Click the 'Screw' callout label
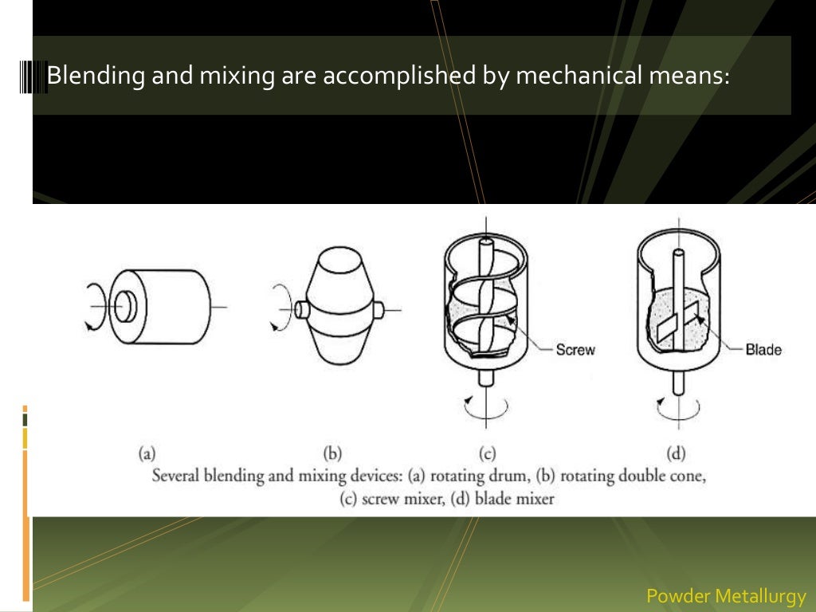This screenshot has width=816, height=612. [575, 350]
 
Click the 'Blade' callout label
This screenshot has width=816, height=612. [763, 349]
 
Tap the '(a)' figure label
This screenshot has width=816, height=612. [147, 454]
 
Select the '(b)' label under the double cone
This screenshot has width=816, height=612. [333, 454]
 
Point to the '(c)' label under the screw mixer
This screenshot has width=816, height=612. [487, 454]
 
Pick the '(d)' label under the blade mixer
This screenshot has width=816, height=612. [676, 454]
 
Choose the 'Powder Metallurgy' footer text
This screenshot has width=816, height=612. [726, 595]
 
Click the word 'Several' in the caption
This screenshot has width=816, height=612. [176, 477]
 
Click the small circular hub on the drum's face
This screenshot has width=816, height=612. [124, 308]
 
